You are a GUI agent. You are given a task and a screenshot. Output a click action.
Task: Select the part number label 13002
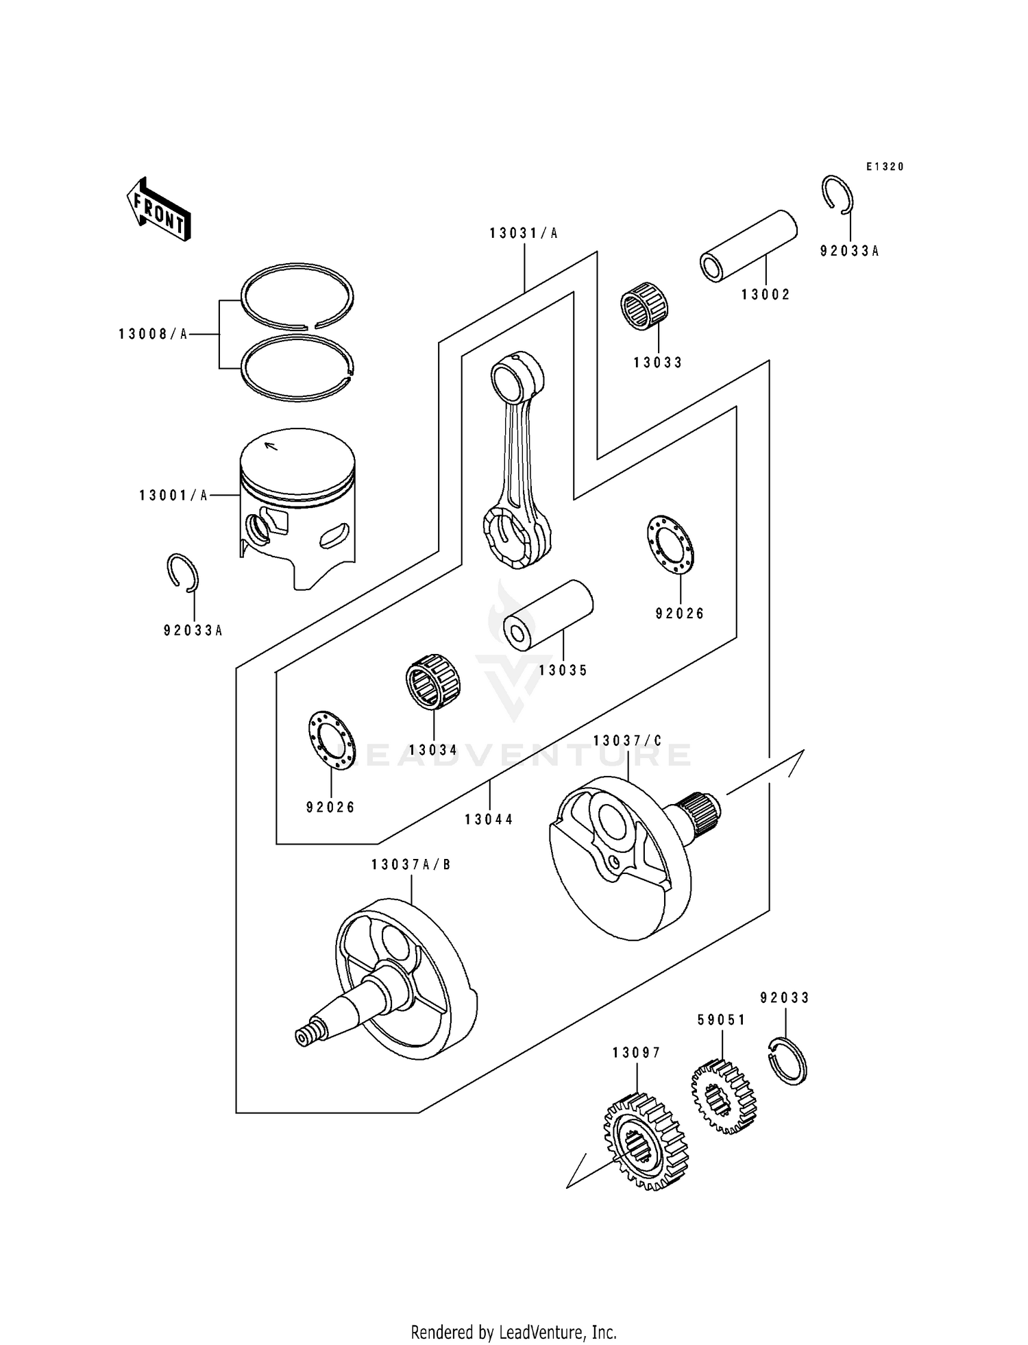tap(766, 295)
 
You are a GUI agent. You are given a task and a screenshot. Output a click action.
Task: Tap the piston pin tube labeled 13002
tap(749, 246)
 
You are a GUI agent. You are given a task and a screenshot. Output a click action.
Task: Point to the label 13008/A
tap(153, 335)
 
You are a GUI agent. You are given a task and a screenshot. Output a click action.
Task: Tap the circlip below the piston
tap(183, 572)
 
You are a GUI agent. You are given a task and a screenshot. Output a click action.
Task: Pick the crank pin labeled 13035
tap(548, 611)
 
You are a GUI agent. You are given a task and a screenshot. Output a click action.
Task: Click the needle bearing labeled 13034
tap(432, 682)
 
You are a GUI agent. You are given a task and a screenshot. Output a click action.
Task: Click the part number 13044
tap(489, 820)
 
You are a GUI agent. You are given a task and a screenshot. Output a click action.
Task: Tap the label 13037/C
tap(628, 741)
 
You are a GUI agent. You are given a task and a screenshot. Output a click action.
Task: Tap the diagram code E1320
tap(885, 167)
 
